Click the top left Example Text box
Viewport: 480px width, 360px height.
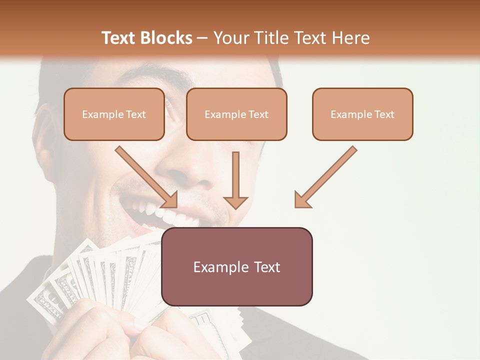click(x=114, y=114)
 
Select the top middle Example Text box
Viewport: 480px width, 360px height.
click(x=236, y=114)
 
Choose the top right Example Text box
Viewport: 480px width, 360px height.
click(x=362, y=114)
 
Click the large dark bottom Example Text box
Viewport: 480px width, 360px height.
click(x=236, y=266)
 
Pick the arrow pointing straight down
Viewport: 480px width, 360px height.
click(x=235, y=180)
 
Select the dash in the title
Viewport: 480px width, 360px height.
click(x=202, y=38)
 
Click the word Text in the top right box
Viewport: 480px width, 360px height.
click(x=384, y=114)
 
